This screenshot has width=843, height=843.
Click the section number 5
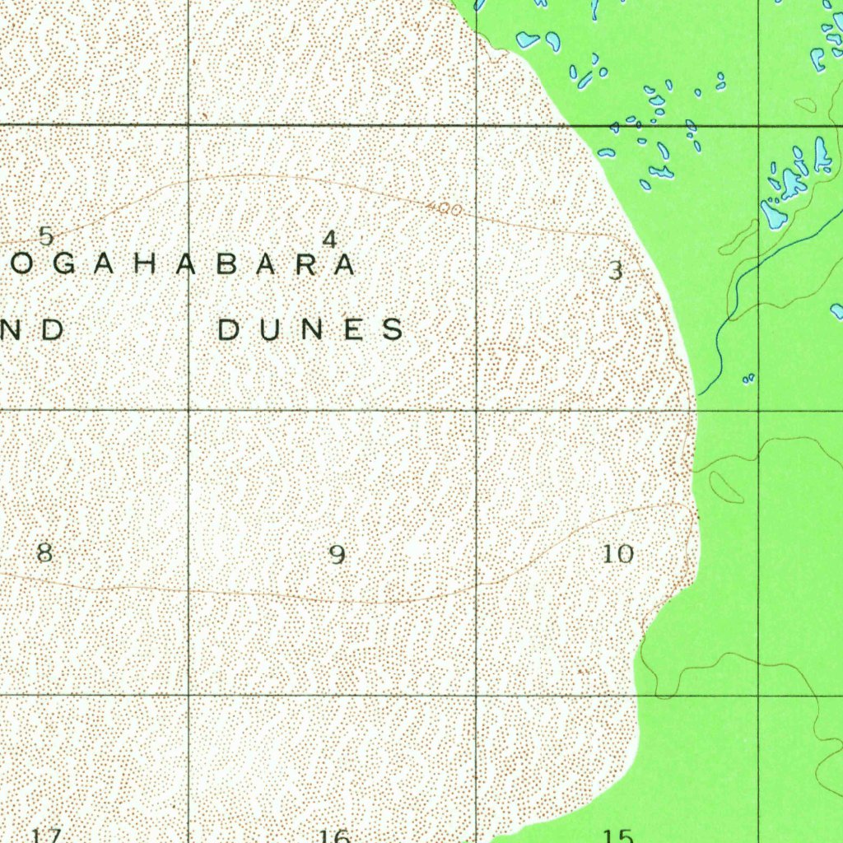[46, 236]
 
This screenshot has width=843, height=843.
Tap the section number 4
[329, 240]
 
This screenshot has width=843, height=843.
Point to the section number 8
[45, 553]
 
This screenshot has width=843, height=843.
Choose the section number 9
[337, 555]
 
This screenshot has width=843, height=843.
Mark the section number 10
[618, 554]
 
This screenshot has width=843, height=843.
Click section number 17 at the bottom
[46, 836]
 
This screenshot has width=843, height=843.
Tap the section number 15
[617, 836]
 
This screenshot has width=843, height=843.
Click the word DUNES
[311, 329]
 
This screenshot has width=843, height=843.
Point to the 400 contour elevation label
[445, 210]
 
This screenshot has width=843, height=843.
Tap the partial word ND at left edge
[33, 329]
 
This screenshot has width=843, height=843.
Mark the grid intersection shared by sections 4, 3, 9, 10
[477, 409]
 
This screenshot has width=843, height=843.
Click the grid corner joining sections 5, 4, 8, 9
[189, 409]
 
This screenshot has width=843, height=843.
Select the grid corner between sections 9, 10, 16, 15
[477, 695]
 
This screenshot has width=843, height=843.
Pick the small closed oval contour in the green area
[726, 487]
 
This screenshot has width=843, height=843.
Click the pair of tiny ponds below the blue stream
[748, 379]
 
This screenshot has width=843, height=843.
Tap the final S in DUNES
[394, 329]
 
